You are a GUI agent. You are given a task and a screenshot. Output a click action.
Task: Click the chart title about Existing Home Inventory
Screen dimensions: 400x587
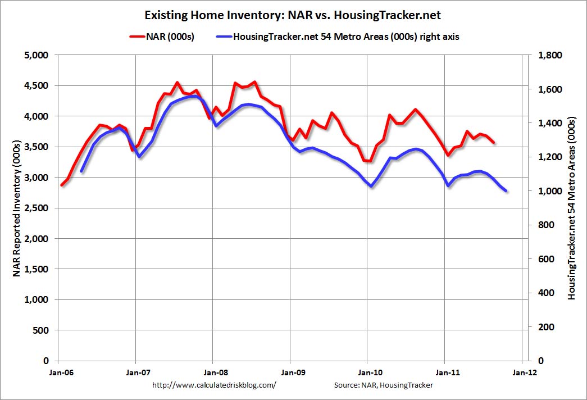tap(293, 14)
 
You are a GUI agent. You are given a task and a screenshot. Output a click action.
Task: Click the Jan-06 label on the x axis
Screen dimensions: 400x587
tap(58, 371)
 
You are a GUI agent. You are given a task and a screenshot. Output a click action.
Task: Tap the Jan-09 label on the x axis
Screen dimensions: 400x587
tap(290, 371)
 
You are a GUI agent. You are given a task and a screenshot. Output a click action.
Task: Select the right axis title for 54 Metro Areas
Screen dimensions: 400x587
tap(572, 208)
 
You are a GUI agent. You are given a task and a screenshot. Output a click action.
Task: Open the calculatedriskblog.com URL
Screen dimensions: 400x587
tap(215, 385)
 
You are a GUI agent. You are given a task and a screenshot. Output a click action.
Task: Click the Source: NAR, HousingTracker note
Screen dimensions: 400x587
tap(384, 385)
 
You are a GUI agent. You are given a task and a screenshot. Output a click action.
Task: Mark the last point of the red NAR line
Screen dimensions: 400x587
tap(494, 143)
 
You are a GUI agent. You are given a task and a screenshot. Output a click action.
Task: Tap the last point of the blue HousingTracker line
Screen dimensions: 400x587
tap(506, 191)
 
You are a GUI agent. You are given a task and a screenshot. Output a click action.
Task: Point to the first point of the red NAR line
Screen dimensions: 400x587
tap(61, 185)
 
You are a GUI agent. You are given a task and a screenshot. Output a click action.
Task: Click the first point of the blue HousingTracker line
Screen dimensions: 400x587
tap(81, 171)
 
